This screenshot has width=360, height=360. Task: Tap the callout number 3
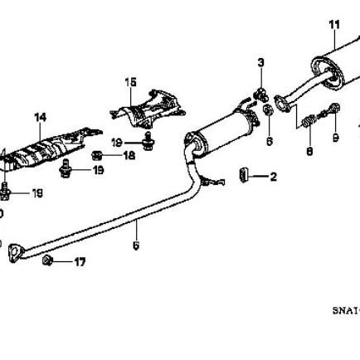260,63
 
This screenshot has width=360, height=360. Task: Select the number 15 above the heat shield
130,81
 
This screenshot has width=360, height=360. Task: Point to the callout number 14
40,117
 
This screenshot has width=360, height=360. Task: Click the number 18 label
129,155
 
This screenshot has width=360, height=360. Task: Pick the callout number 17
79,262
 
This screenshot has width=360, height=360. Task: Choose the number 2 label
273,177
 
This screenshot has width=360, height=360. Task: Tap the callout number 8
309,151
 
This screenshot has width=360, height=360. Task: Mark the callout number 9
336,137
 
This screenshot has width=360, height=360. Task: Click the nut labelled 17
48,261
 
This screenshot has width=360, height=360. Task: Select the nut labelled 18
98,154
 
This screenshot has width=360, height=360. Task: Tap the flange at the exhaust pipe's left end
13,251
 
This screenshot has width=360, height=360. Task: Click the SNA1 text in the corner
345,309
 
